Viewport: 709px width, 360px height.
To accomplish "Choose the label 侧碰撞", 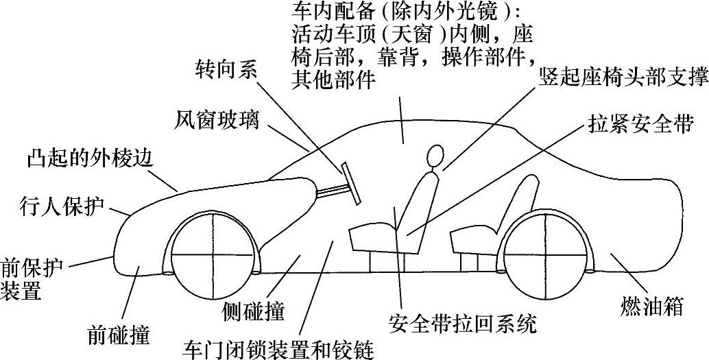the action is [x=253, y=311].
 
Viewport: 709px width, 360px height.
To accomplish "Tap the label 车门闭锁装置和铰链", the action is [x=277, y=348].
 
